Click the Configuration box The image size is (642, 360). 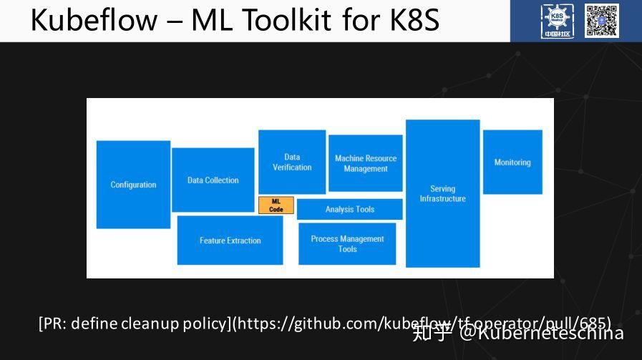coord(133,185)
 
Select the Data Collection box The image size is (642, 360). coord(213,180)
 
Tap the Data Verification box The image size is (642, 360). coord(292,162)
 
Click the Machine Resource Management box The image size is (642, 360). coord(365,163)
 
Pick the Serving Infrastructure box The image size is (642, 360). coord(442,193)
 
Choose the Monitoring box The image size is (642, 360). coord(512,162)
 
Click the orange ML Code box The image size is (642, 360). coord(276,205)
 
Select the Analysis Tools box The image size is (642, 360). coord(349,209)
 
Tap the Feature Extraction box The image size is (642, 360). coord(230,240)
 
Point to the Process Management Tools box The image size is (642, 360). coord(347,244)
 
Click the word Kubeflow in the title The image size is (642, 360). coord(92,20)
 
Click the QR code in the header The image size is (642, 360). coord(602,20)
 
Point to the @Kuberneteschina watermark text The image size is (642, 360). coord(542,333)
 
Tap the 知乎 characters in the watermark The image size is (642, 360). coord(432,333)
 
